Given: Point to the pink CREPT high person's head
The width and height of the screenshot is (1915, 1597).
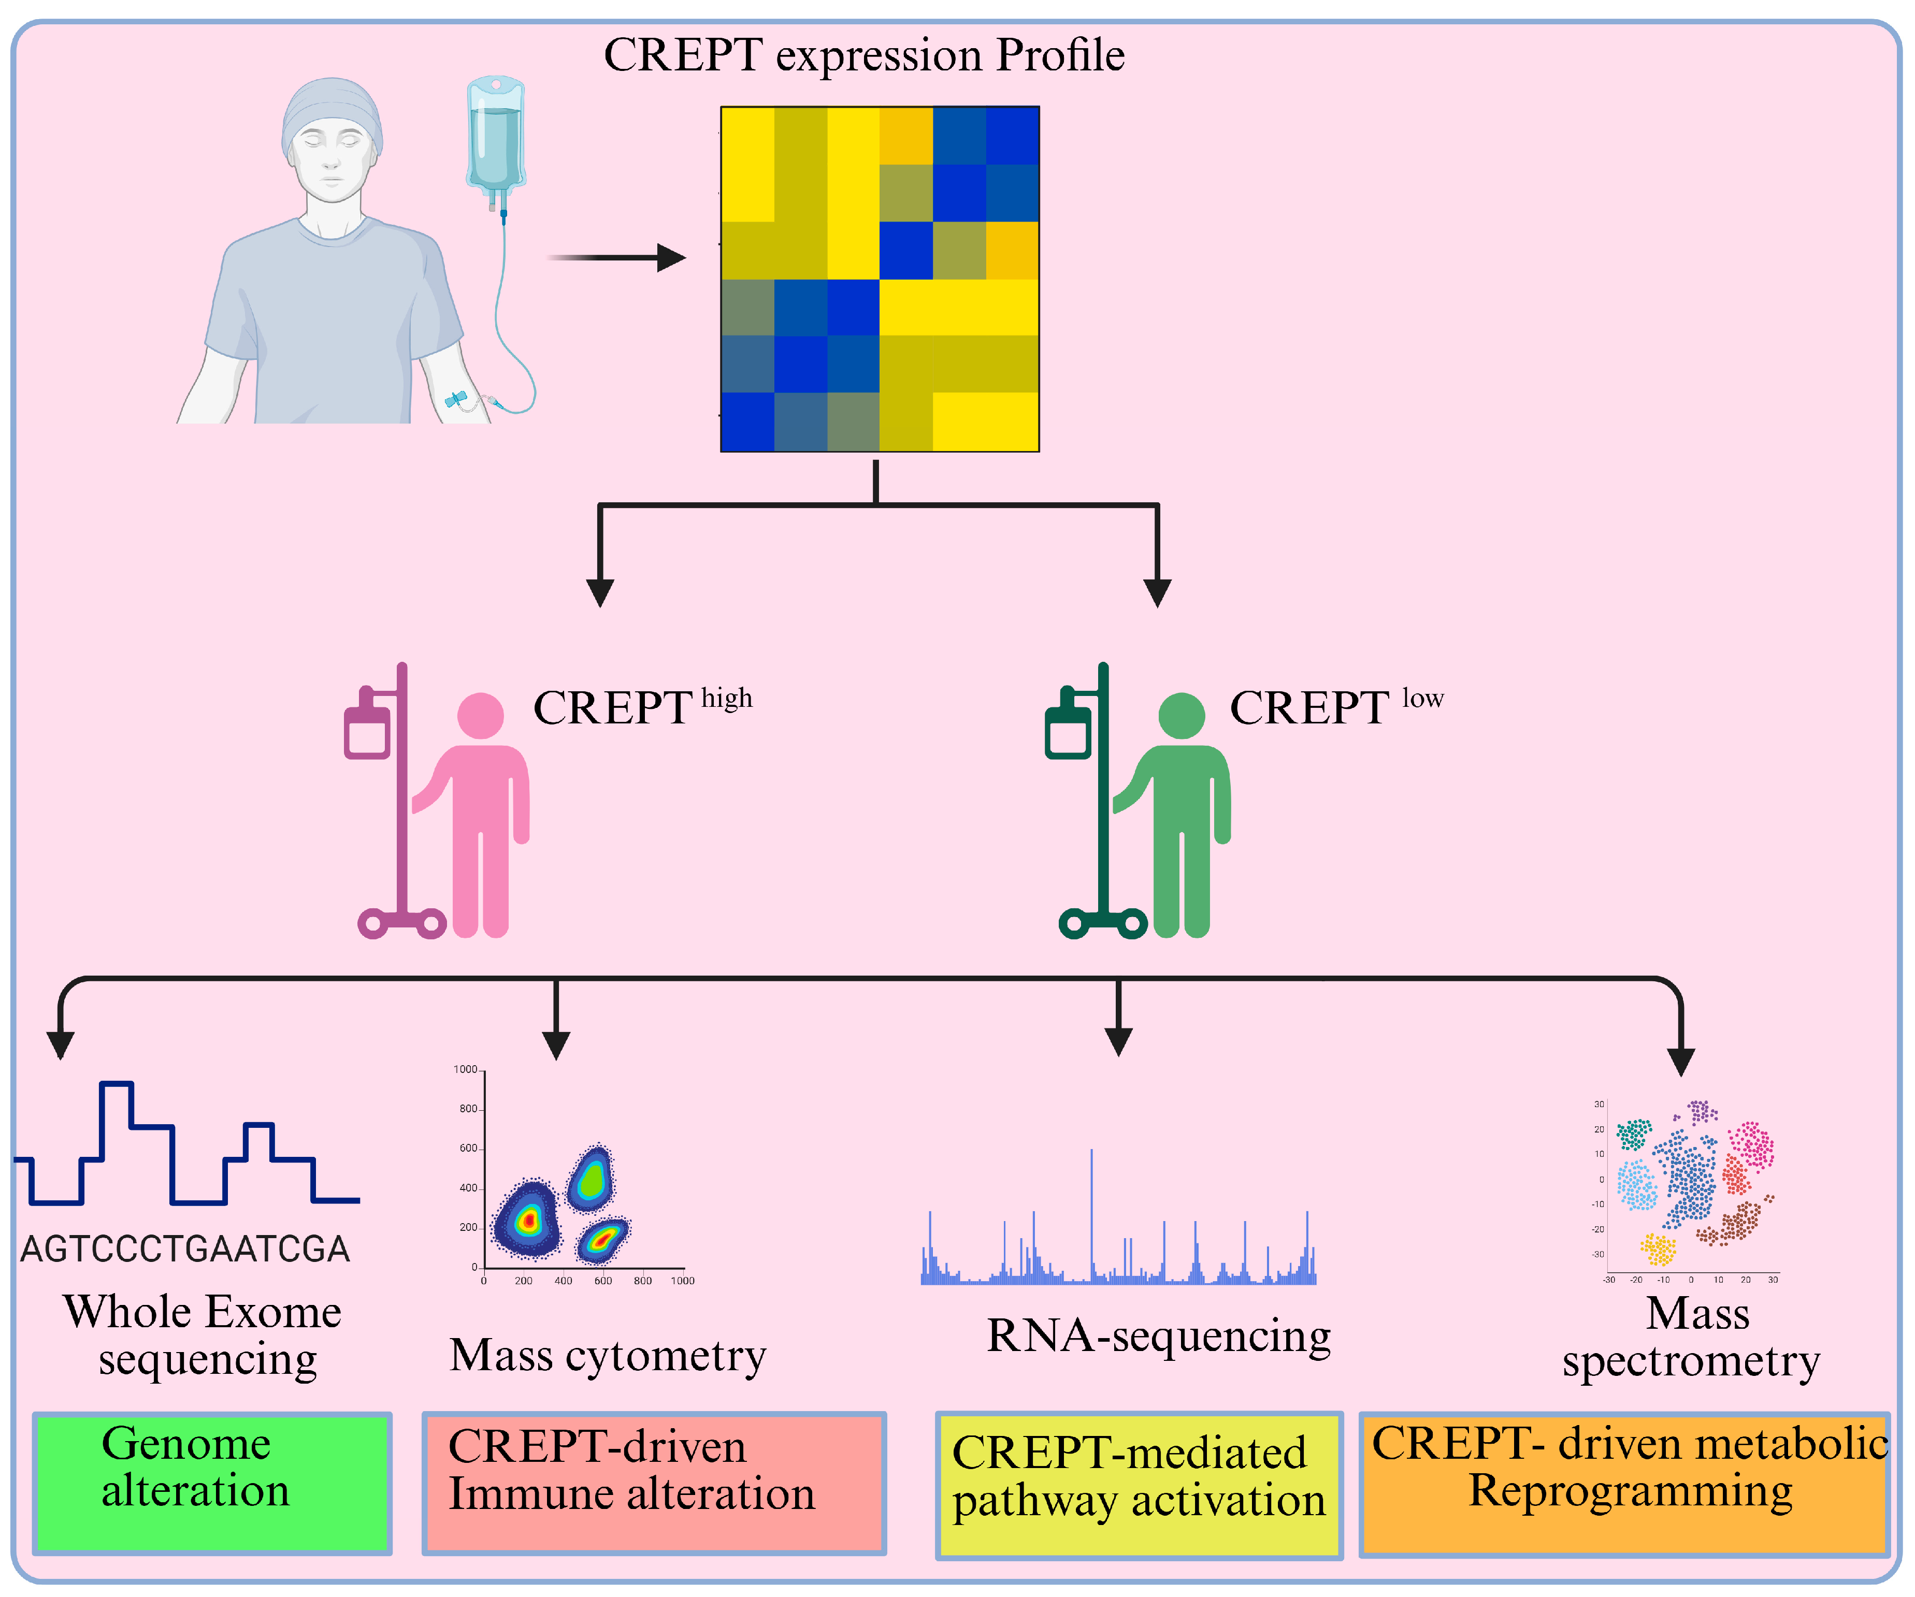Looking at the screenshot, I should [481, 716].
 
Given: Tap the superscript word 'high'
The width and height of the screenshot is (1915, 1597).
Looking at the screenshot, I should [727, 699].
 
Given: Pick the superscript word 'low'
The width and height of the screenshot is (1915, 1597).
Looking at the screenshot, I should [1422, 699].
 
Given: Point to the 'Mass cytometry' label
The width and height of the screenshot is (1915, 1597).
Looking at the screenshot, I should [607, 1356].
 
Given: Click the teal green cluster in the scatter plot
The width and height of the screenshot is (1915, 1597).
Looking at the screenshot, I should [1633, 1134].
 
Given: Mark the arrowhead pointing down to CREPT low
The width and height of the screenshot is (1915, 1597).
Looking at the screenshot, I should [1157, 592].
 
